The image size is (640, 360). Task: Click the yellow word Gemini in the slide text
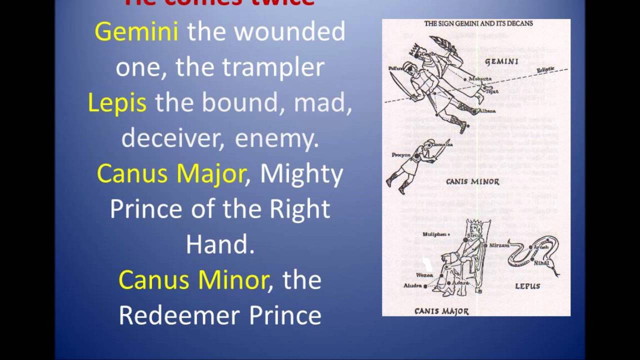pyautogui.click(x=136, y=32)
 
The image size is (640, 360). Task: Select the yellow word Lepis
pyautogui.click(x=117, y=103)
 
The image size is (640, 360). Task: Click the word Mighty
pyautogui.click(x=301, y=174)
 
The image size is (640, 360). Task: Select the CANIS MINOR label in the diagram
pyautogui.click(x=472, y=181)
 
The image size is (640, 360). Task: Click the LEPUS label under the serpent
pyautogui.click(x=527, y=286)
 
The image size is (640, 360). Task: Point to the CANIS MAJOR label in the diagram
pyautogui.click(x=441, y=311)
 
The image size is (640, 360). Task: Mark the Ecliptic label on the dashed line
pyautogui.click(x=546, y=70)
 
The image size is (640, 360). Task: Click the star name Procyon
pyautogui.click(x=401, y=155)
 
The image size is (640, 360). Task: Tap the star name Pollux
pyautogui.click(x=395, y=67)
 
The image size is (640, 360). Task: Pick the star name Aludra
pyautogui.click(x=413, y=285)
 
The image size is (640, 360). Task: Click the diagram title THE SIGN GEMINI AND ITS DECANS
pyautogui.click(x=478, y=23)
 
